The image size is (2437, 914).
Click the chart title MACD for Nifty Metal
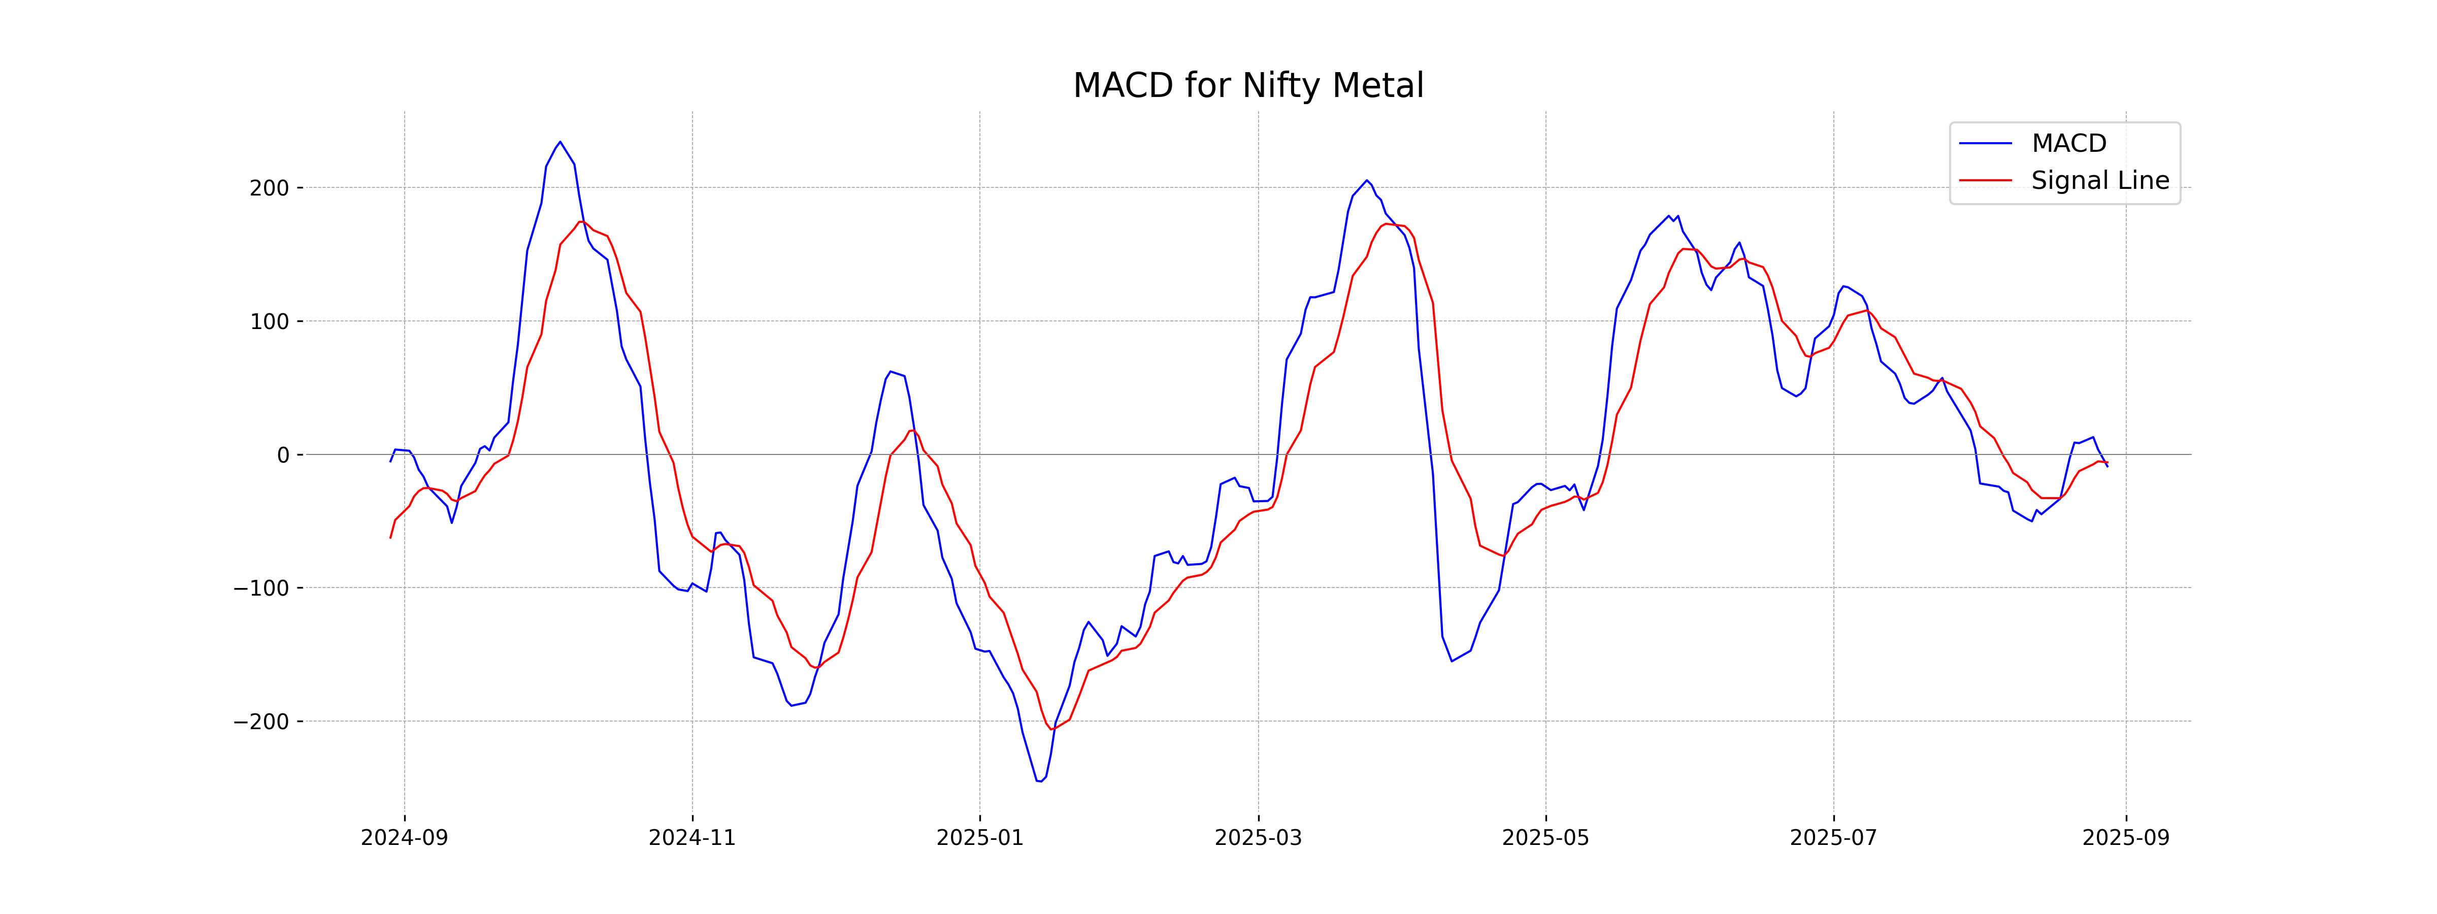(x=1248, y=86)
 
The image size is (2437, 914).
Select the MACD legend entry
(x=2068, y=144)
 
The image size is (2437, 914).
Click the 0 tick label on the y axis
(x=283, y=455)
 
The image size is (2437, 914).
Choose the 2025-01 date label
(x=979, y=838)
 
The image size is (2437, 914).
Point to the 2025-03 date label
(x=1258, y=838)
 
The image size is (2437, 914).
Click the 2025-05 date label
(x=1546, y=838)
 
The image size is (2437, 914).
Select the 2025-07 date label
(x=1833, y=838)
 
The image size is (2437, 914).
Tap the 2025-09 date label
(x=2126, y=838)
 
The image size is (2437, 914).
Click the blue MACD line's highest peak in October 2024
(x=560, y=142)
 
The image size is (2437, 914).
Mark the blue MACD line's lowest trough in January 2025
(x=1039, y=781)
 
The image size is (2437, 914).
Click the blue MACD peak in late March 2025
(x=1366, y=180)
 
